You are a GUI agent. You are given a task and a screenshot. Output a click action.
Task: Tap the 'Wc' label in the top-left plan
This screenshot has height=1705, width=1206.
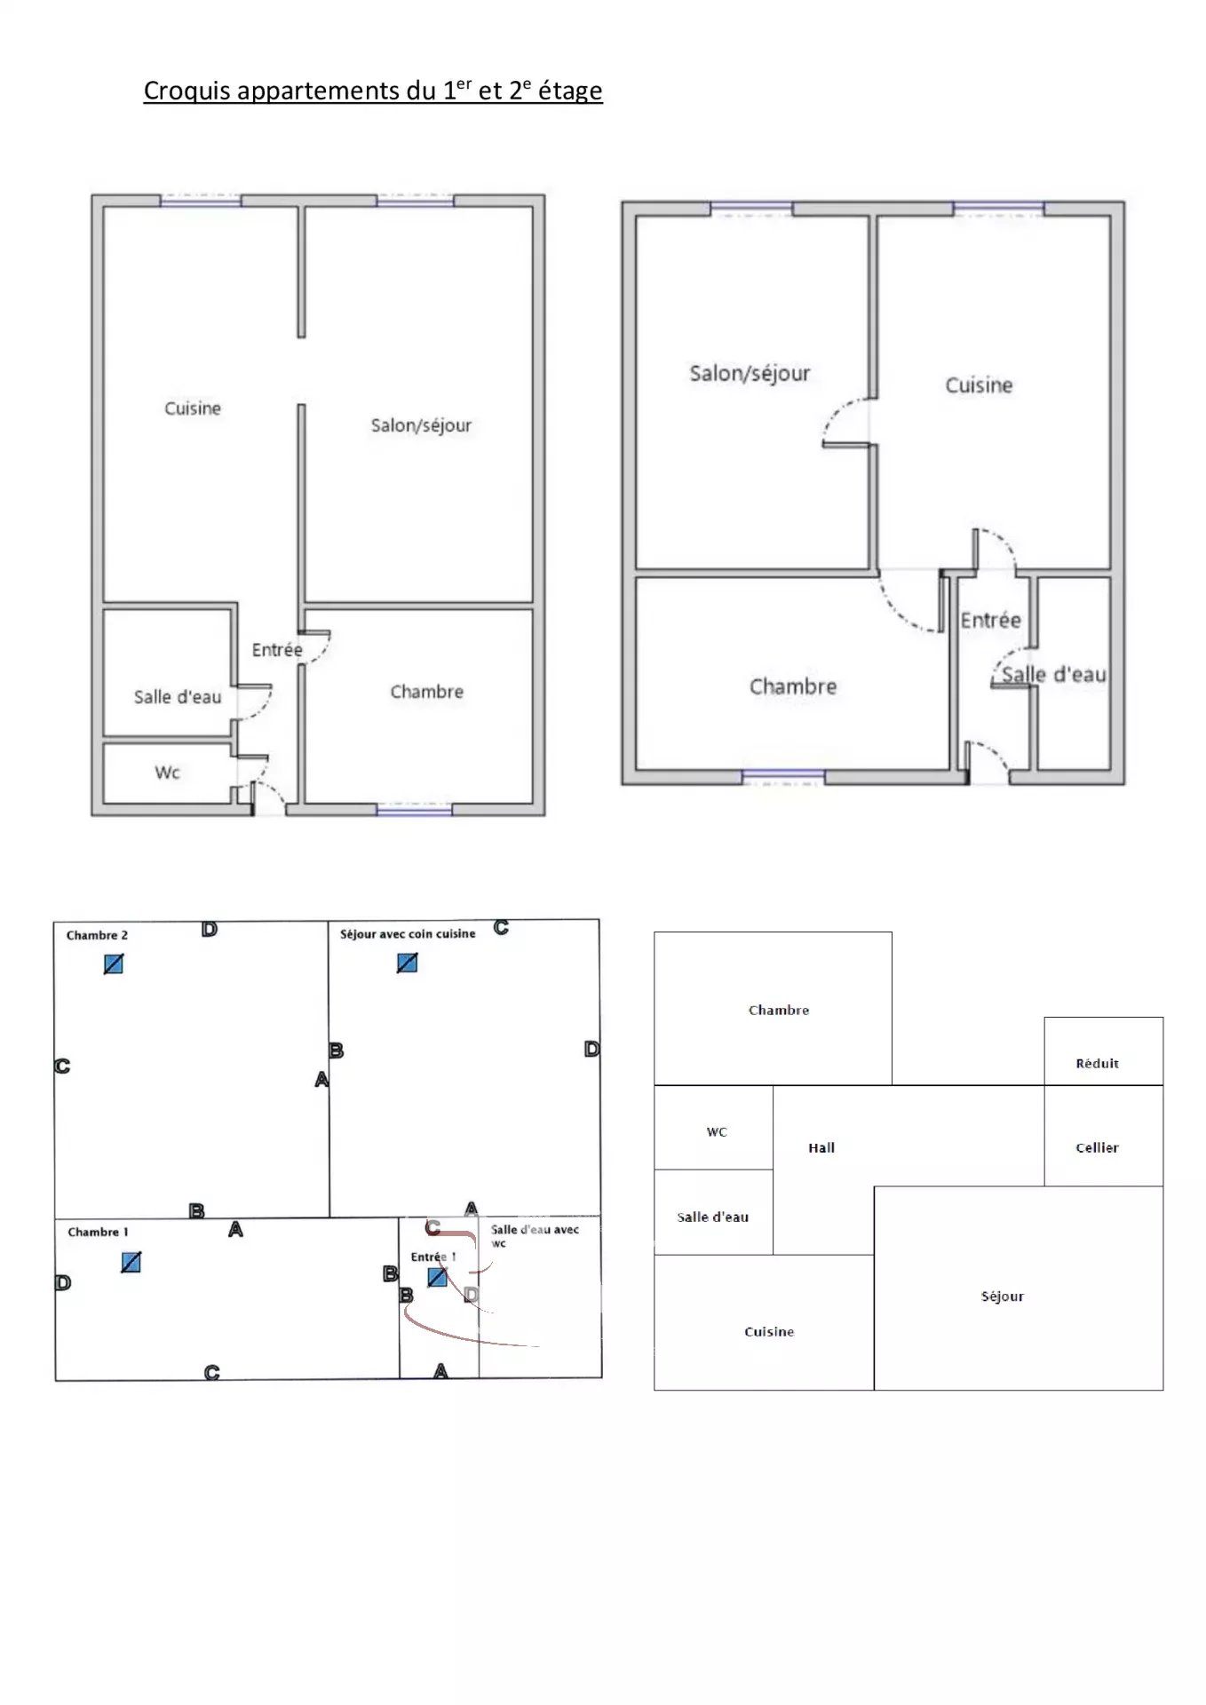point(167,773)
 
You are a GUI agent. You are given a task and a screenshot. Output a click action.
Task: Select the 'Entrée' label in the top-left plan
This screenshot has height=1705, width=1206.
point(277,650)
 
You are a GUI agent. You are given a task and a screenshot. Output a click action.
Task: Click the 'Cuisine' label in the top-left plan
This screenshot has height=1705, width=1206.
point(193,408)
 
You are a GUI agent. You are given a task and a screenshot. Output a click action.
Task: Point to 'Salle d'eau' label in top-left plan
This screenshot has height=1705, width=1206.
point(178,697)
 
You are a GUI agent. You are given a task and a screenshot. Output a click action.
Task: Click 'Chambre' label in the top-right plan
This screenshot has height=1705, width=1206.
point(793,686)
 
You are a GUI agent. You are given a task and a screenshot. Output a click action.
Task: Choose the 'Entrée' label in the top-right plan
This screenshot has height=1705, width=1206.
point(990,620)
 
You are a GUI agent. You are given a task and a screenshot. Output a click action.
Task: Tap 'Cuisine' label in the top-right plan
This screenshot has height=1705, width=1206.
point(979,385)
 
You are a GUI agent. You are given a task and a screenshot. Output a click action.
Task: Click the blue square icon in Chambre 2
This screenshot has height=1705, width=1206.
point(114,964)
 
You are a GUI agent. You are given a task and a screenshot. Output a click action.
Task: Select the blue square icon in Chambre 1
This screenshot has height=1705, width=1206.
point(131,1262)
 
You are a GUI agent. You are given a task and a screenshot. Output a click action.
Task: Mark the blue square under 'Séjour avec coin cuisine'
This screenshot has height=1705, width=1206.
point(407,963)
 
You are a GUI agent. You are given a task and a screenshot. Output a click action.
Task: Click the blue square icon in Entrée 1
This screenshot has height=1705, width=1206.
point(437,1277)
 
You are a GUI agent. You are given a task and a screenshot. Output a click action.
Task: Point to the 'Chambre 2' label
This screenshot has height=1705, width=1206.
point(97,935)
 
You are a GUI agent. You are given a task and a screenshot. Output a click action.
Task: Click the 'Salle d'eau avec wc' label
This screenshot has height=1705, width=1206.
point(535,1235)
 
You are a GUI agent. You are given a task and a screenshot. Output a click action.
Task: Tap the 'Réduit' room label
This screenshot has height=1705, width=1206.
point(1097,1064)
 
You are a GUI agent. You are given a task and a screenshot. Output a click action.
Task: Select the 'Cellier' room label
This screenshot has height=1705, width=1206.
point(1097,1148)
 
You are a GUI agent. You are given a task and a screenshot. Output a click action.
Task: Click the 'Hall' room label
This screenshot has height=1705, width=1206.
point(821,1148)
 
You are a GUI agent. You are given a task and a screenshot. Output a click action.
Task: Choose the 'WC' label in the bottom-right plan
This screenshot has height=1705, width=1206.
point(717,1132)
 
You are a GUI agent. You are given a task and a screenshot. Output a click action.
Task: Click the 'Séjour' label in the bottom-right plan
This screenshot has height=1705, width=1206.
point(1003,1297)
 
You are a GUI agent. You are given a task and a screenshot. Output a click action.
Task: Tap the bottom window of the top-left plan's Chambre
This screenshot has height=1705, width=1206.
point(414,809)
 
